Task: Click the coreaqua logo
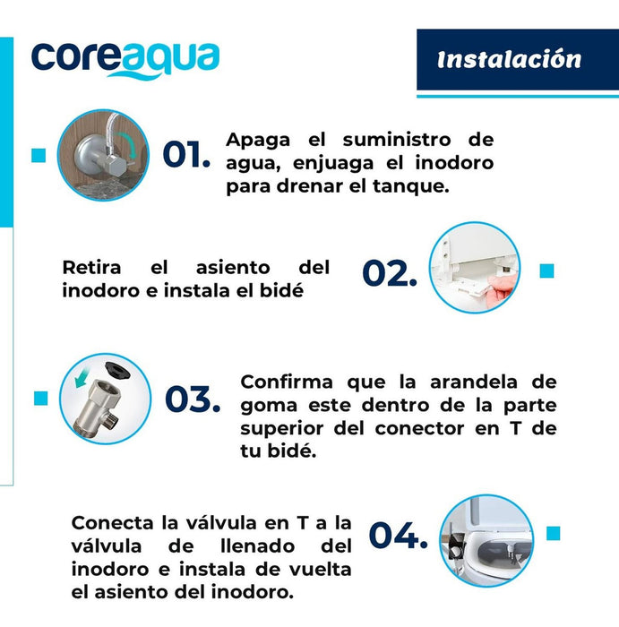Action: (125, 61)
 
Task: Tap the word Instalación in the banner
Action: (509, 60)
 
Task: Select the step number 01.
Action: (186, 154)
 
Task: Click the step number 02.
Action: (390, 273)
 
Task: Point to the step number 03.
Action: (193, 399)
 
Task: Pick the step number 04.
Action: (399, 535)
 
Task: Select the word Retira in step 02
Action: (91, 268)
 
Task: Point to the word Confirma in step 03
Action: (287, 382)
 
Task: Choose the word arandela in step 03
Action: (474, 382)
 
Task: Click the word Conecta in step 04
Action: (112, 523)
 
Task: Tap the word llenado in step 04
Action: (258, 545)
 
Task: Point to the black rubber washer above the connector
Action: (117, 370)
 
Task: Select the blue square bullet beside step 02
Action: (546, 271)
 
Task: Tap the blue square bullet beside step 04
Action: (553, 533)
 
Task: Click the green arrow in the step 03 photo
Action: (82, 377)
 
